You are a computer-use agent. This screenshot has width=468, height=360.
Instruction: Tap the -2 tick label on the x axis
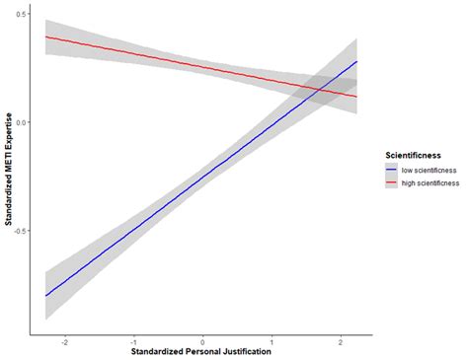pyautogui.click(x=64, y=340)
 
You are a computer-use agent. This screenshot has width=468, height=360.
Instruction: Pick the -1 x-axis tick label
pyautogui.click(x=133, y=340)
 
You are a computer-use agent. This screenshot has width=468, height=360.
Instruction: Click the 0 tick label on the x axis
pyautogui.click(x=202, y=340)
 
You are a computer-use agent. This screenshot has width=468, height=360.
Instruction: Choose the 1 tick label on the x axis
pyautogui.click(x=271, y=340)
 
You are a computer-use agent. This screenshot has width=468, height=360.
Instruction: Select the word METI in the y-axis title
pyautogui.click(x=9, y=150)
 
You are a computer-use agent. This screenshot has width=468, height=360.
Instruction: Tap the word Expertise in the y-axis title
pyautogui.click(x=9, y=113)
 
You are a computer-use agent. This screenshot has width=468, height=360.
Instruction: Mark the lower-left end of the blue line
pyautogui.click(x=45, y=296)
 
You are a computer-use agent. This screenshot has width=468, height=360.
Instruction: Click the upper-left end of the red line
pyautogui.click(x=45, y=36)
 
